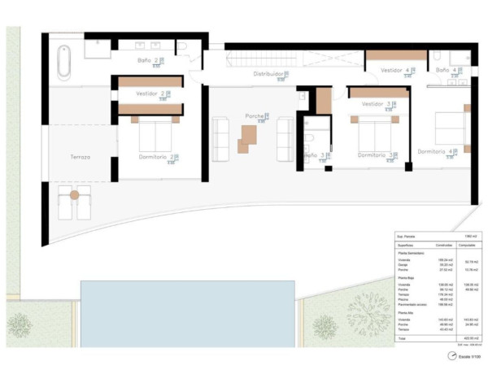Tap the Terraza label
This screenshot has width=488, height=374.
(80, 156)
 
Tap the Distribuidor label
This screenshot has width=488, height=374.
(267, 73)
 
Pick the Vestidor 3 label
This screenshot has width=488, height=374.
(375, 104)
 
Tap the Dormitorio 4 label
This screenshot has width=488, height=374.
(437, 151)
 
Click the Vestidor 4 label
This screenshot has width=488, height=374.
(396, 71)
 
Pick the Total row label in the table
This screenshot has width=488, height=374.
(401, 337)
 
